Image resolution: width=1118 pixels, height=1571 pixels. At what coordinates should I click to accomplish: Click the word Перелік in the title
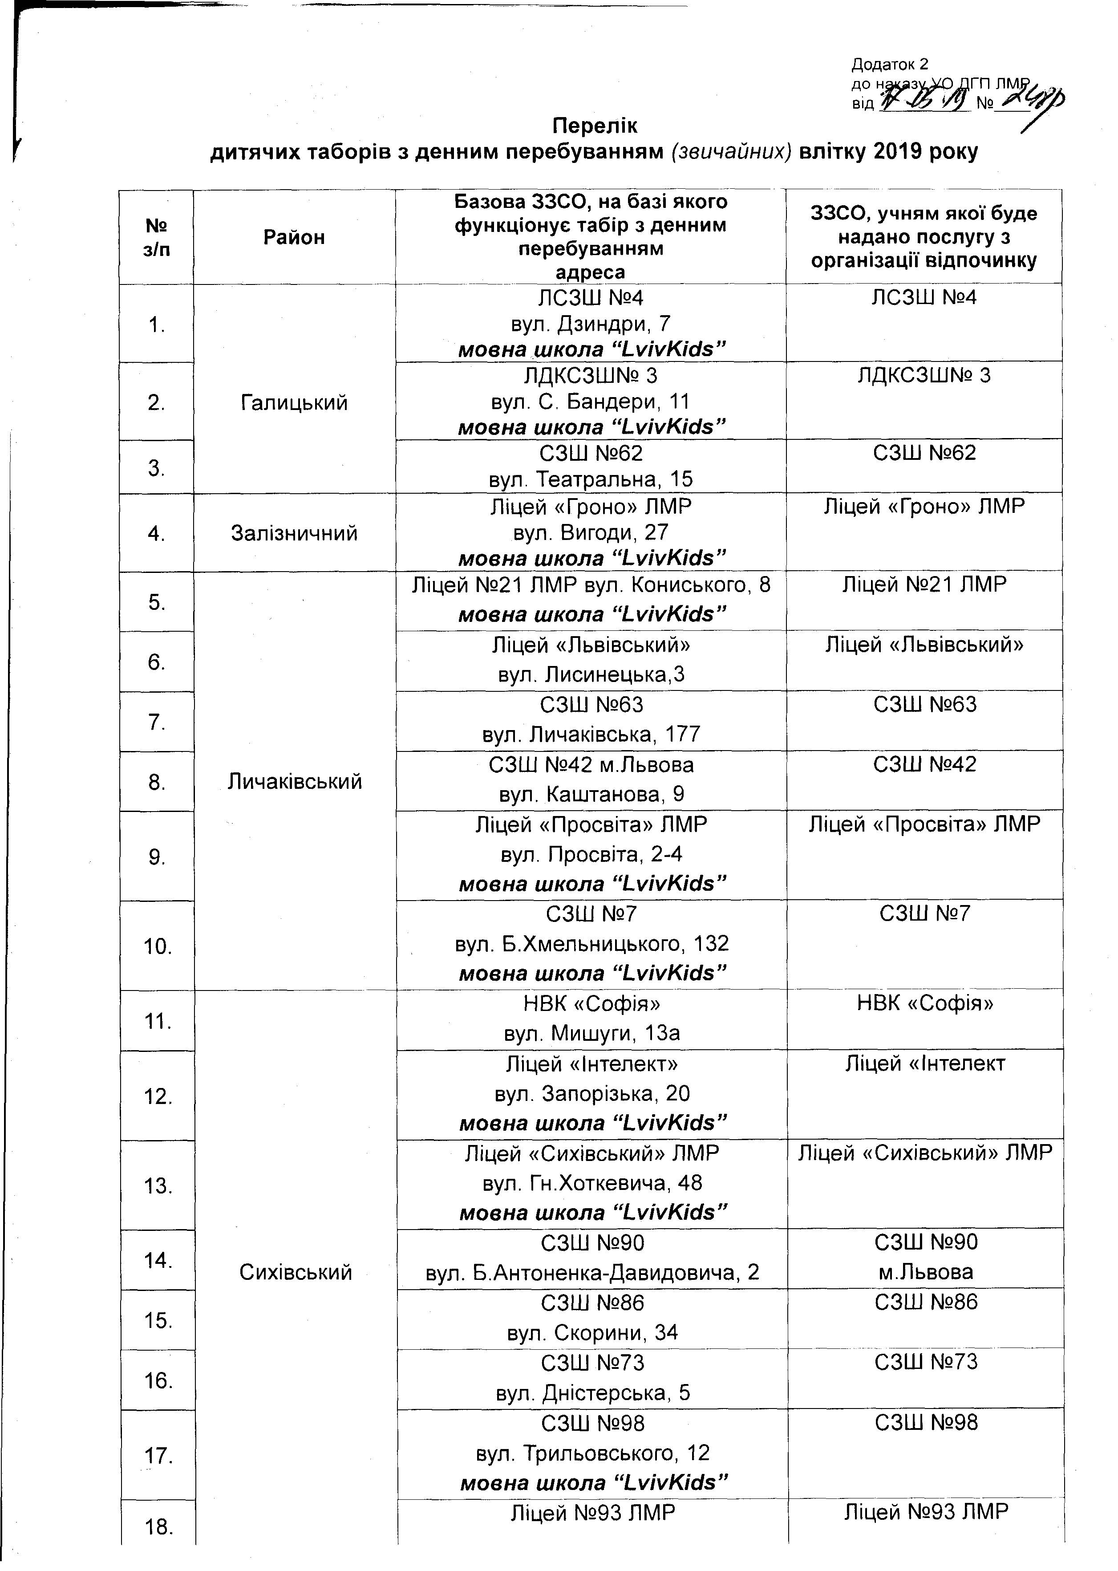tap(595, 126)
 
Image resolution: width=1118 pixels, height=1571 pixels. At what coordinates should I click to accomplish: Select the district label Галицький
tap(294, 402)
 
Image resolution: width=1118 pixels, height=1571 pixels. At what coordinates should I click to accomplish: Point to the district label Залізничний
tap(294, 533)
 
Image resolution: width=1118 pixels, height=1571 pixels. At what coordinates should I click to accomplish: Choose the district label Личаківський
tap(295, 781)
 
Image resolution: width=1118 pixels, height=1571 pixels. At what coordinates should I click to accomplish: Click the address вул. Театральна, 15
tap(591, 479)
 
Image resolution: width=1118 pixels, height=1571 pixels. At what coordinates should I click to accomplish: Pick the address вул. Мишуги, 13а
tap(591, 1033)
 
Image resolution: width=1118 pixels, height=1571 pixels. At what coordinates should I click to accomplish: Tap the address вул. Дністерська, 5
tap(592, 1392)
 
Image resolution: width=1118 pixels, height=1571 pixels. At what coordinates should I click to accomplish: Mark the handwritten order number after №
tap(1033, 103)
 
